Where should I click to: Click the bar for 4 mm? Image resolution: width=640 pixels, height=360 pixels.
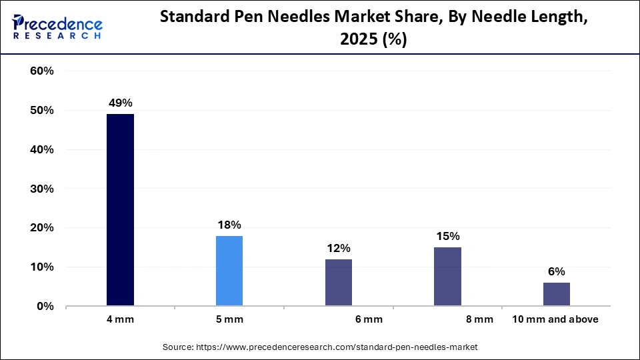120,210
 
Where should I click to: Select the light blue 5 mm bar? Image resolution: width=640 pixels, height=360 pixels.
229,271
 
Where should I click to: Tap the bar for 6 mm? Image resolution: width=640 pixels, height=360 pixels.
338,283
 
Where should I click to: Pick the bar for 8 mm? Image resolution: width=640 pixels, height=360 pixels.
447,277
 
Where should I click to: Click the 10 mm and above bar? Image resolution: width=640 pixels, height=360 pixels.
556,294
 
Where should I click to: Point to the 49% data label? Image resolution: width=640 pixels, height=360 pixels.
121,103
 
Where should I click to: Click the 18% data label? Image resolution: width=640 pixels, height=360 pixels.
229,225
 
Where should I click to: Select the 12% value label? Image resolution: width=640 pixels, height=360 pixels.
338,248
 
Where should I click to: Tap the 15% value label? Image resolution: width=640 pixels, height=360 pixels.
447,236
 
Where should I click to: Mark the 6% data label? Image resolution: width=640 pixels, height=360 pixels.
556,271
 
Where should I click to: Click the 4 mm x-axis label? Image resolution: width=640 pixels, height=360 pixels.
120,319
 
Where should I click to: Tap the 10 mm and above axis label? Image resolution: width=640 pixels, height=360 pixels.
555,319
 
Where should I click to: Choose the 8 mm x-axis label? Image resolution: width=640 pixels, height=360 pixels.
479,319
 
